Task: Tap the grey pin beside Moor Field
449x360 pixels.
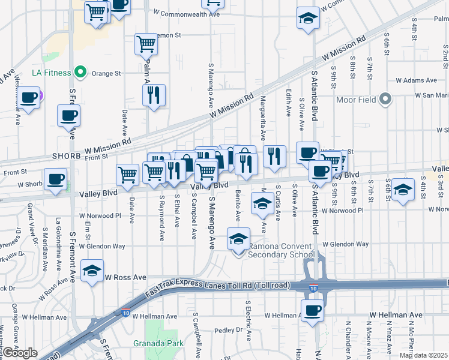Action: tap(385, 98)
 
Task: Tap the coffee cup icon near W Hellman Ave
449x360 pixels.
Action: tap(312, 311)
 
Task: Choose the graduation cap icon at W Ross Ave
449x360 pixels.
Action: tap(92, 271)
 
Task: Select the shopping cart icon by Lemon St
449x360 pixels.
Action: tap(146, 43)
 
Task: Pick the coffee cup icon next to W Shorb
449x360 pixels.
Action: tap(56, 179)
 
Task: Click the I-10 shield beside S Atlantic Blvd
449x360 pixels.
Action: tap(313, 288)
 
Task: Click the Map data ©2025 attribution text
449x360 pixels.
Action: tap(423, 355)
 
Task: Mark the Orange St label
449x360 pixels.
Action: tap(109, 73)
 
